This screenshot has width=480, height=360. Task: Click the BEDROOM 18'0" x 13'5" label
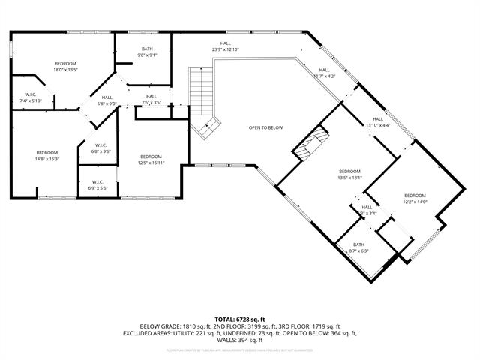pos(66,66)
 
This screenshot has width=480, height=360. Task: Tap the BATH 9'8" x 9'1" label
pos(147,52)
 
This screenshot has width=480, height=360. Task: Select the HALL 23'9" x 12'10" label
pos(225,46)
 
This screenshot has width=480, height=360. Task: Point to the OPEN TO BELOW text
pos(266,127)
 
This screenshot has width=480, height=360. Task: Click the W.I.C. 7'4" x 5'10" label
pos(31,97)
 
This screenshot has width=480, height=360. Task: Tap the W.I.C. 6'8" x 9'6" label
pos(100,148)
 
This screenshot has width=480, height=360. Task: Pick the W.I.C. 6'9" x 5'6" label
pos(97,184)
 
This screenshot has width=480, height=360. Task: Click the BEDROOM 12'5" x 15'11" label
pos(150,159)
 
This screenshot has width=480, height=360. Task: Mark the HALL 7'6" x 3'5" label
pos(151,99)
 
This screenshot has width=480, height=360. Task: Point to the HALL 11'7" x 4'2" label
pos(324,73)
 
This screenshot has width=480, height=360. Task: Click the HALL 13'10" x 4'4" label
pos(377,122)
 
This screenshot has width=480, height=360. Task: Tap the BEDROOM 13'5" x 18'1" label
pos(349,175)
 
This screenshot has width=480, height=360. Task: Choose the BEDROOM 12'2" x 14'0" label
pos(415,199)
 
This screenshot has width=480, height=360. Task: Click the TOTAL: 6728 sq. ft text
pos(240,319)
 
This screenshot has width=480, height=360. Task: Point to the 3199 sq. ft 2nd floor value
pos(273,326)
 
